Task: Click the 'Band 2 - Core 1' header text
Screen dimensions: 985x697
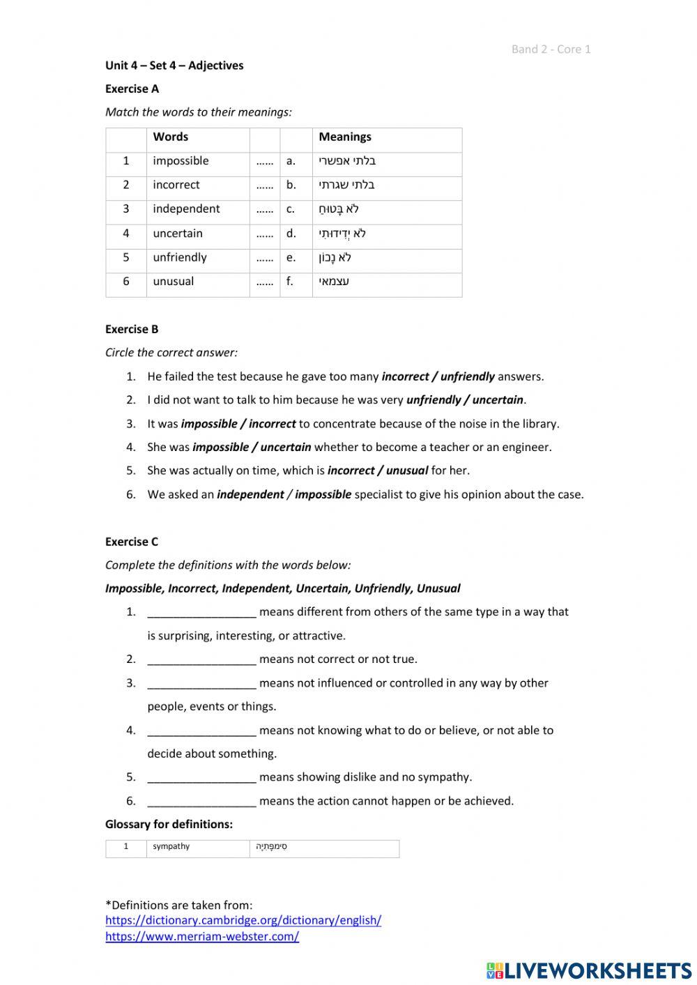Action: [x=551, y=49]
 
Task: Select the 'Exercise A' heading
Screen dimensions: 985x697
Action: [x=132, y=89]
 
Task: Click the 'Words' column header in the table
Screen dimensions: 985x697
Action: [x=171, y=137]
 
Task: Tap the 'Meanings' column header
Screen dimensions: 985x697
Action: [x=345, y=137]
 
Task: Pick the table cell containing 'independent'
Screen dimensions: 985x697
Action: [x=186, y=209]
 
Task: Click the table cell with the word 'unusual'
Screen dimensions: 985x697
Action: [x=174, y=282]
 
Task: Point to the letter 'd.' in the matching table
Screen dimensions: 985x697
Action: [x=291, y=234]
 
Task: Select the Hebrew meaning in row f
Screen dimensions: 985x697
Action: [x=335, y=282]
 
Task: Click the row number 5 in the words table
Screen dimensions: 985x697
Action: [x=126, y=257]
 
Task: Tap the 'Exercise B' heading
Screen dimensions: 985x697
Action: [x=132, y=329]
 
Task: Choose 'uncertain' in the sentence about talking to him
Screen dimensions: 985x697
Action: [x=498, y=400]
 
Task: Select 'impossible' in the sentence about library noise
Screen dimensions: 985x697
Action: [x=209, y=424]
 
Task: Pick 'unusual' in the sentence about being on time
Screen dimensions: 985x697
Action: [x=407, y=471]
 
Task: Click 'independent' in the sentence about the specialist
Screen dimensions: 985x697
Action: [x=250, y=494]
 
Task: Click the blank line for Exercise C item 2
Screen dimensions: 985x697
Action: [x=201, y=659]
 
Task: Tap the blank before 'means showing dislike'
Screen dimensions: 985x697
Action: [x=201, y=777]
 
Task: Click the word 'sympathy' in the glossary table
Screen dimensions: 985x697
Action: [x=171, y=846]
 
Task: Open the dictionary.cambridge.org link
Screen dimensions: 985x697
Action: [x=243, y=920]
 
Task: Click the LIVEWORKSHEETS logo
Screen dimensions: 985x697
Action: [x=588, y=970]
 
